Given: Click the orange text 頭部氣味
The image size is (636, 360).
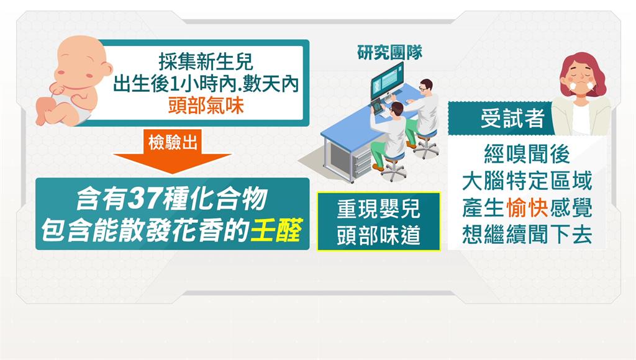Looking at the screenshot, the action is [206, 106].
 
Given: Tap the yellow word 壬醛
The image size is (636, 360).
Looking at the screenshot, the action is [276, 230].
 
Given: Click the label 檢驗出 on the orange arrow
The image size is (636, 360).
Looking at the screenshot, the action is [173, 142].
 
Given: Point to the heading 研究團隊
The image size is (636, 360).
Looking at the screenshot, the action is [390, 52].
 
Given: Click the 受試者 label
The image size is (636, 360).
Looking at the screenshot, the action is [512, 119].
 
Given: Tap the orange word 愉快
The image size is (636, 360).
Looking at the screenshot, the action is [527, 207].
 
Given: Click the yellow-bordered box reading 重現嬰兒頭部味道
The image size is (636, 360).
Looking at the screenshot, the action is [379, 222].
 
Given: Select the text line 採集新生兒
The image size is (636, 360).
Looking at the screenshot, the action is [206, 63].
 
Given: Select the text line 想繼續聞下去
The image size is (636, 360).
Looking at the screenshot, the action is [527, 235].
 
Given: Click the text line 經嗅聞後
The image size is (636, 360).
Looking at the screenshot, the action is [527, 154].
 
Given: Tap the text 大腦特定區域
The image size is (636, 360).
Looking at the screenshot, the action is [527, 181].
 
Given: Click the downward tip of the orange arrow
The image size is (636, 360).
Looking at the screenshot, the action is [172, 174].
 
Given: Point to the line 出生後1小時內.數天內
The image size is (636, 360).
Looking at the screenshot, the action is [206, 84].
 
